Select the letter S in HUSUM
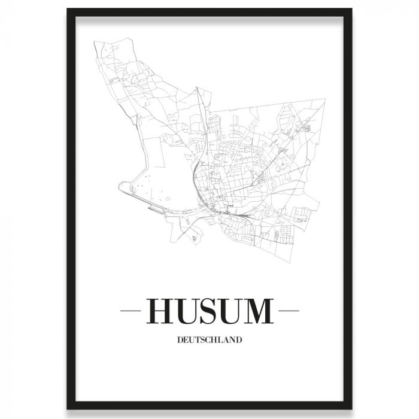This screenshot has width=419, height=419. click(212, 311)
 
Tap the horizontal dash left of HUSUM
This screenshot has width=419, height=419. click(130, 311)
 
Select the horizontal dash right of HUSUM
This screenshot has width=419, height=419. click(289, 311)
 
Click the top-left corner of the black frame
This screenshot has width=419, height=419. click(68, 10)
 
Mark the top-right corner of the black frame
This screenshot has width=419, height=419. click(351, 10)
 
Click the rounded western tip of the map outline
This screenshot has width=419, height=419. click(120, 187)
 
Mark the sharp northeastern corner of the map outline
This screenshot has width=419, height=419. click(325, 101)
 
